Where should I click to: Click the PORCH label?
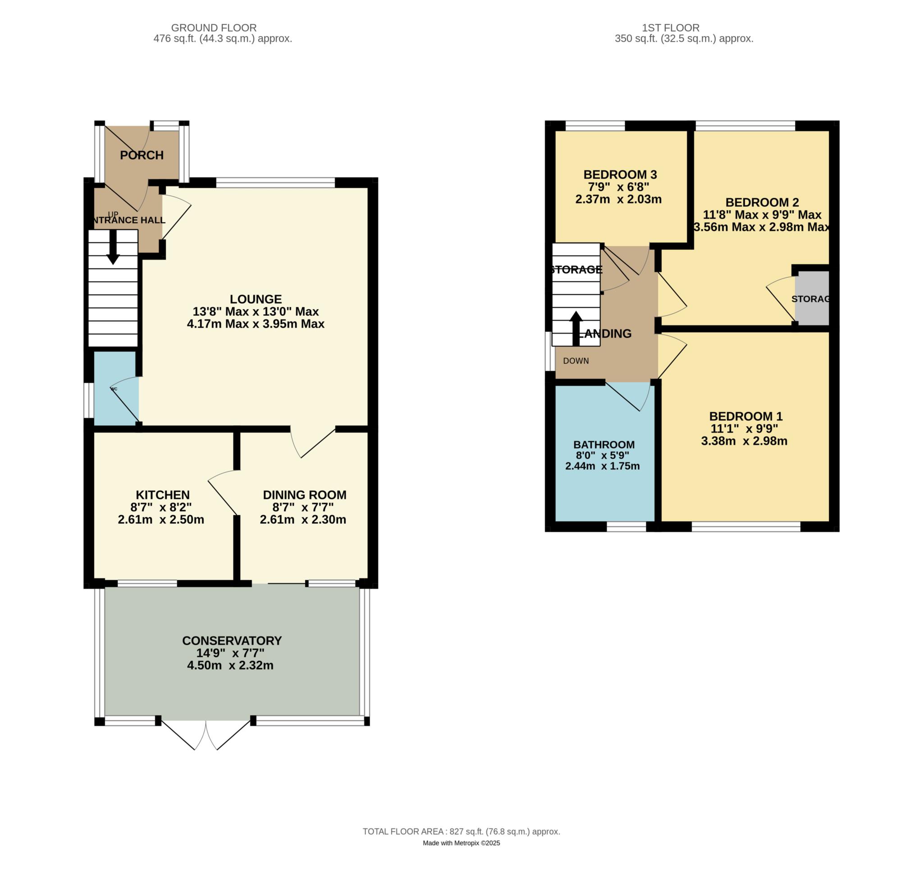coord(141,156)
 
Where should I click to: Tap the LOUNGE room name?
coord(256,299)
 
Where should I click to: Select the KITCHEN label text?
coord(162,495)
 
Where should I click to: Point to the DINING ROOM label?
coord(304,495)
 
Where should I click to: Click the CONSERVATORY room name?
coord(232,641)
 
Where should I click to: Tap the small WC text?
coord(114,389)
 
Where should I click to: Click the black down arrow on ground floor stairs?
coord(113,247)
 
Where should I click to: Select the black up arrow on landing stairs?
coord(576,328)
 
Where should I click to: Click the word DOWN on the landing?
coord(576,361)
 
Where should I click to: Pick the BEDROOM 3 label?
coord(620,174)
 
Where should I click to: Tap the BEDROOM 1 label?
coord(745,416)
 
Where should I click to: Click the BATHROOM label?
coord(604,445)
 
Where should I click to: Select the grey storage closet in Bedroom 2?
coord(811,298)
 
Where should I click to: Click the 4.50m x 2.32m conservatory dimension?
coord(230,666)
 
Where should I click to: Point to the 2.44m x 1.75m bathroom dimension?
coord(602,467)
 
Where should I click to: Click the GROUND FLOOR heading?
coord(214,28)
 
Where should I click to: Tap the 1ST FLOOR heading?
coord(671,28)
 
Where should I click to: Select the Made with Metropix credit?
coord(461,843)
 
